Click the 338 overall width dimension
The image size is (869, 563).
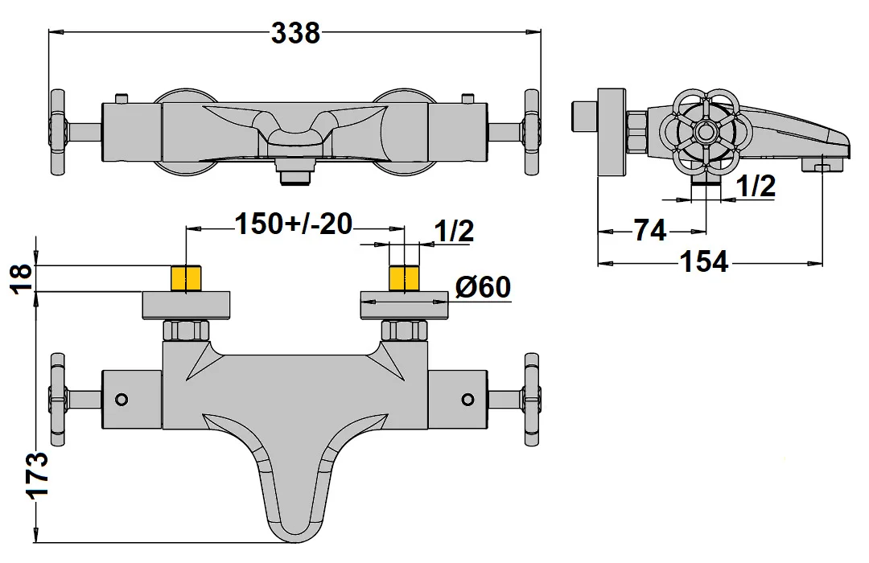pyautogui.click(x=295, y=33)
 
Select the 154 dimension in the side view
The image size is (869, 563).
pyautogui.click(x=703, y=262)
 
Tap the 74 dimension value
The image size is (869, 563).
pyautogui.click(x=649, y=231)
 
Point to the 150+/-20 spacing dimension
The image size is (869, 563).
pyautogui.click(x=294, y=224)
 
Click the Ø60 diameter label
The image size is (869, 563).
pyautogui.click(x=483, y=286)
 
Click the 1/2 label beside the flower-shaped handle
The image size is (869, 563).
pyautogui.click(x=756, y=187)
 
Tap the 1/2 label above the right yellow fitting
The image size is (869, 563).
pyautogui.click(x=454, y=231)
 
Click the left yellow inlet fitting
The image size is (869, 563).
pyautogui.click(x=187, y=278)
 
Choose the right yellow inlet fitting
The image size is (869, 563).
pyautogui.click(x=404, y=278)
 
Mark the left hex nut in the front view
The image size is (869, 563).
pyautogui.click(x=187, y=331)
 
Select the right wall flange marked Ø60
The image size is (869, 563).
pyautogui.click(x=404, y=306)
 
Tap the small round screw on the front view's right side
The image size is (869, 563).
pyautogui.click(x=467, y=399)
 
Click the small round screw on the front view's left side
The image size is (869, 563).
pyautogui.click(x=121, y=399)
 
